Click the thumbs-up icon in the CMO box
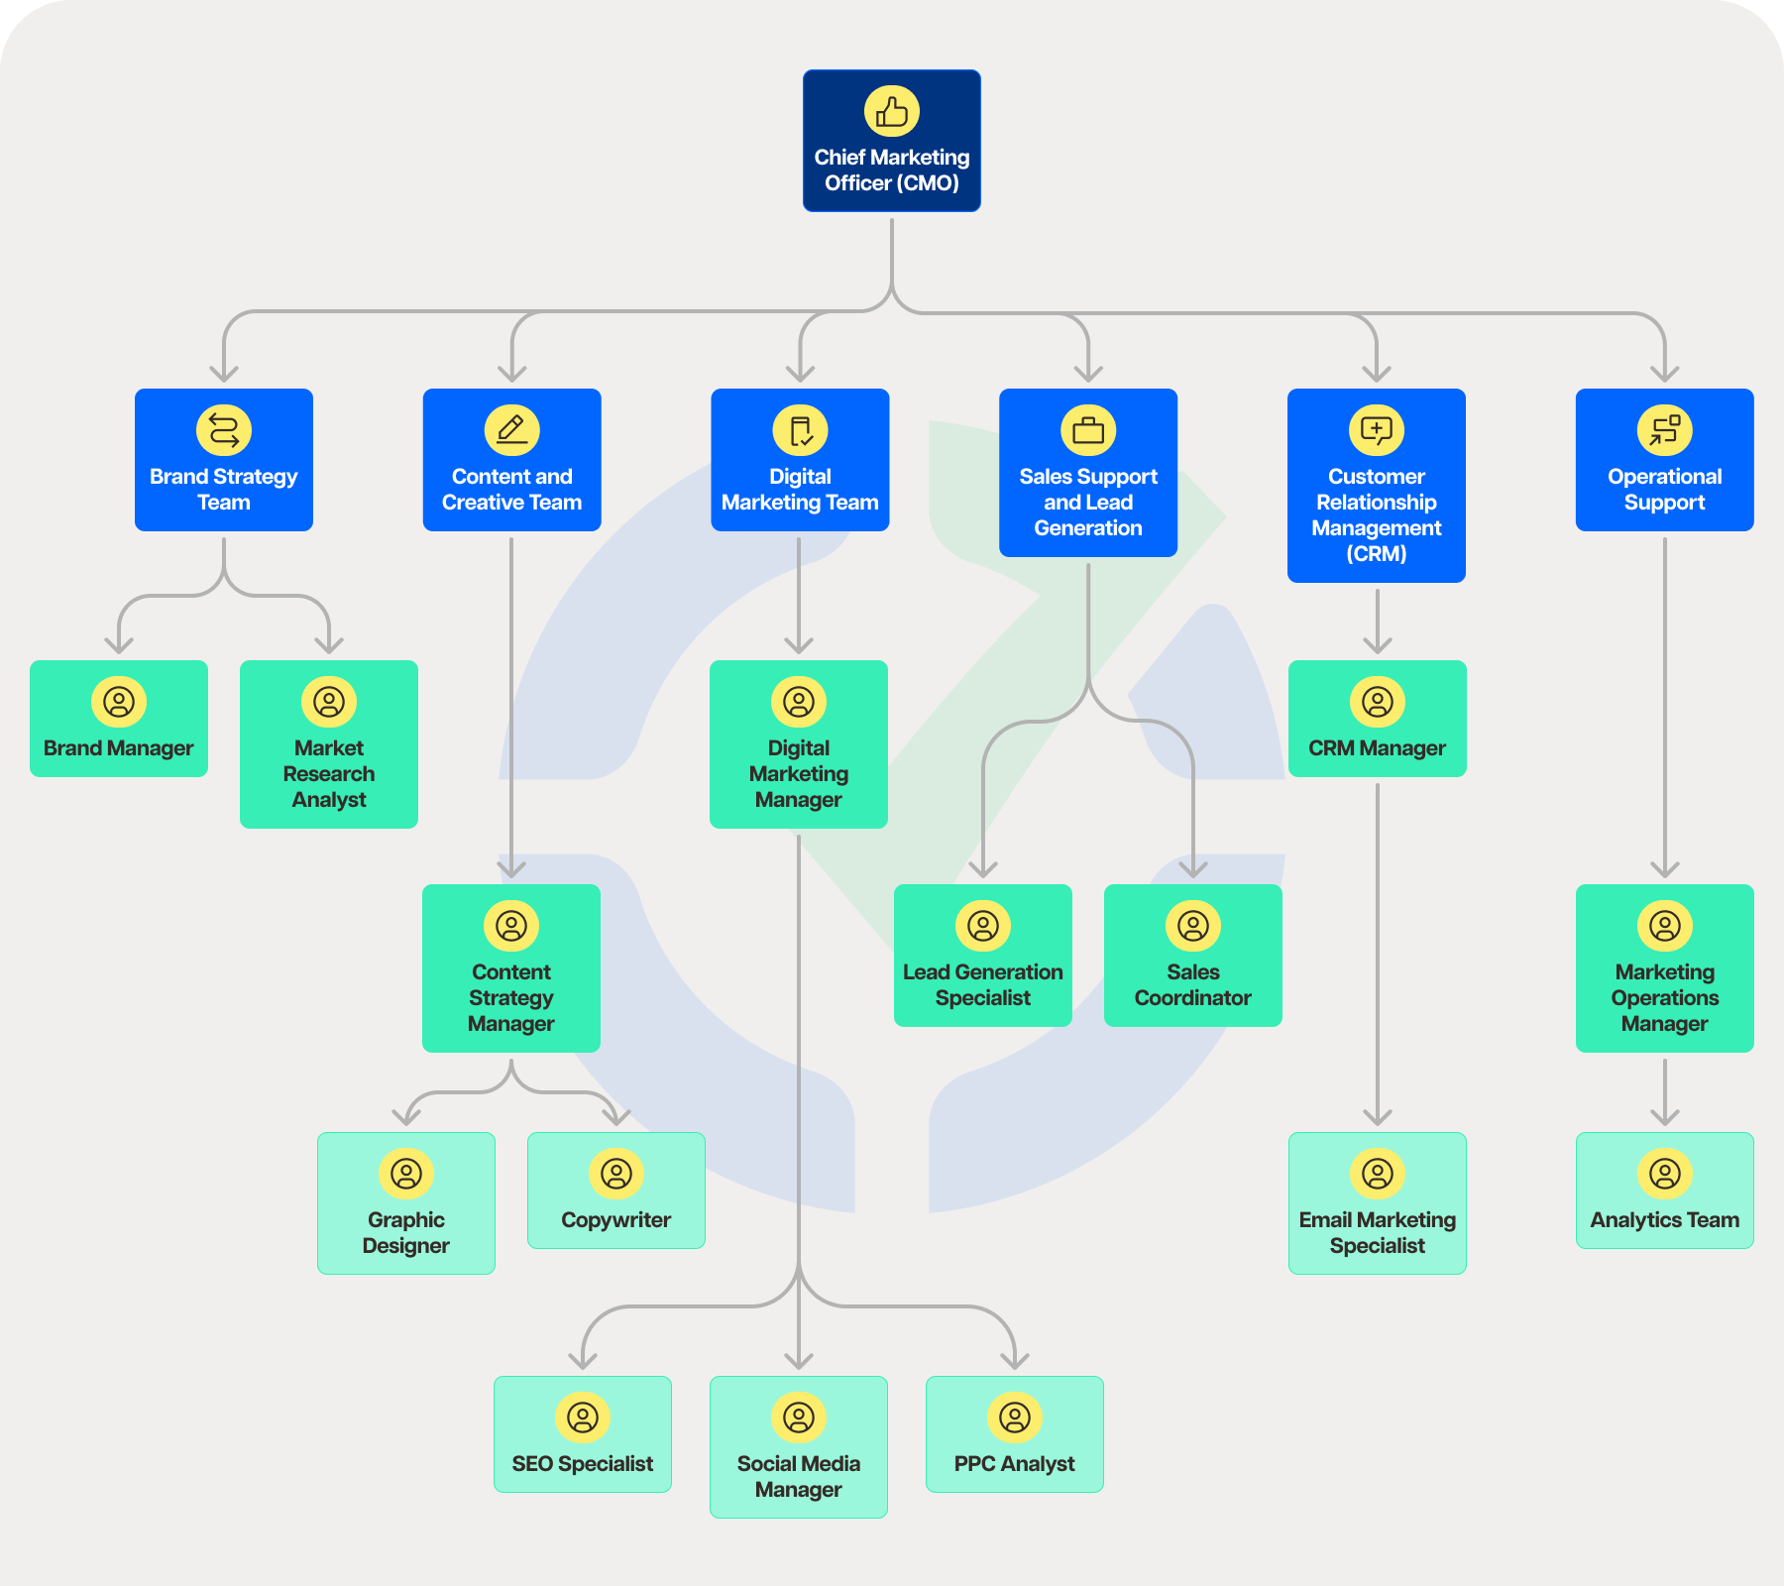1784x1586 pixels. point(892,111)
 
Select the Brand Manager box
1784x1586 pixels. point(119,719)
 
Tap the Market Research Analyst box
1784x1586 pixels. point(329,744)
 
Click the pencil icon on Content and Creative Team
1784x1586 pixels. point(511,429)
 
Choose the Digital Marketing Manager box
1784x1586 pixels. point(799,744)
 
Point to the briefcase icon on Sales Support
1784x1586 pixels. point(1088,429)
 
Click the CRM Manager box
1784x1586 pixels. point(1377,719)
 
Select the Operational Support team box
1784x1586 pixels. point(1664,460)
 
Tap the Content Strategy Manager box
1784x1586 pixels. point(511,968)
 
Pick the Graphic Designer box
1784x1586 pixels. point(406,1203)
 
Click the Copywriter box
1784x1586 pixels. point(616,1190)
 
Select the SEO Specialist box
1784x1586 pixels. point(583,1434)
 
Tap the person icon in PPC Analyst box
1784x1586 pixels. point(1015,1417)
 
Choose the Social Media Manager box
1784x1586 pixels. point(799,1447)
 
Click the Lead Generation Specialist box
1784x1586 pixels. point(983,956)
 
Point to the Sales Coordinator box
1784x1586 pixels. point(1193,956)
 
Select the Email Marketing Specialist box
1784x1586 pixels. point(1377,1203)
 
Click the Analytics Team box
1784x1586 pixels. point(1664,1190)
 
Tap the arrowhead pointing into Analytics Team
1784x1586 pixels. point(1664,1118)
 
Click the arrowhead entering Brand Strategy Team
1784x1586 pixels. point(224,375)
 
